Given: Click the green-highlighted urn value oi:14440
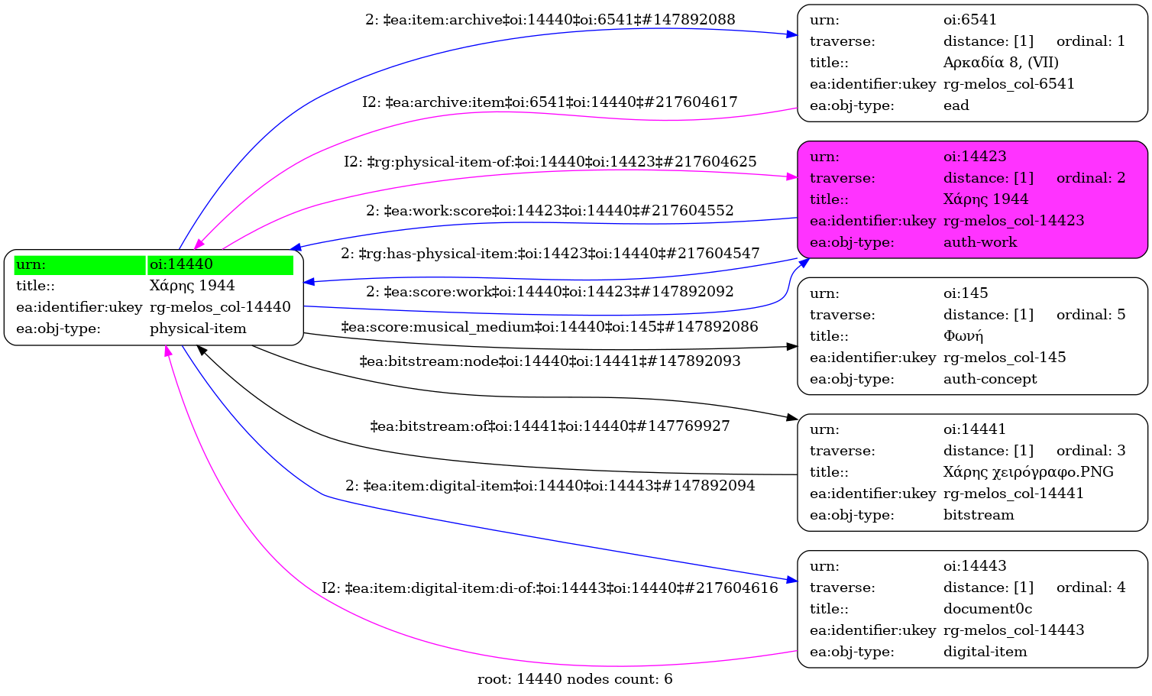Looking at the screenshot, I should (181, 264).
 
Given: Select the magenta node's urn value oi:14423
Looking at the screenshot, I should (975, 157).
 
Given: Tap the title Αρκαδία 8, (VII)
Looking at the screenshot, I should (1001, 63).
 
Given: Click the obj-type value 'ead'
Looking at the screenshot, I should (956, 105).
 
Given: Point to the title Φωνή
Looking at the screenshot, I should (963, 336).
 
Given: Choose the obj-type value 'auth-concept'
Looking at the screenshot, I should (990, 379).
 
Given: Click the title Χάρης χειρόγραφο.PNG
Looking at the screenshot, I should (1028, 472).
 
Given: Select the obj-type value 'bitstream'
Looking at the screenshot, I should (979, 515).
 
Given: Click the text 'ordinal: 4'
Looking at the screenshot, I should (1091, 588).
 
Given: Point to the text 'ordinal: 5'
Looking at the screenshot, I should (1091, 315).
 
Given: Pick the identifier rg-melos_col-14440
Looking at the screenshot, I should (220, 307).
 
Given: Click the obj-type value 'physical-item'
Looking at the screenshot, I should (198, 329).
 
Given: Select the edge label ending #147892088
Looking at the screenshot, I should (550, 20).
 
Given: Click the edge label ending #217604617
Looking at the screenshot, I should (550, 102).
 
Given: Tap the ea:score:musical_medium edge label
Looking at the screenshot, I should (549, 327).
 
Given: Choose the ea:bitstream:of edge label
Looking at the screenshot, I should (549, 426).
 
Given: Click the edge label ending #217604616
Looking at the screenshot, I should (550, 588).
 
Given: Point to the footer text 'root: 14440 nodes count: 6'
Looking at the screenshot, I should (574, 679).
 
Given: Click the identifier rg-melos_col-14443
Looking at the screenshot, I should (1014, 630).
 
